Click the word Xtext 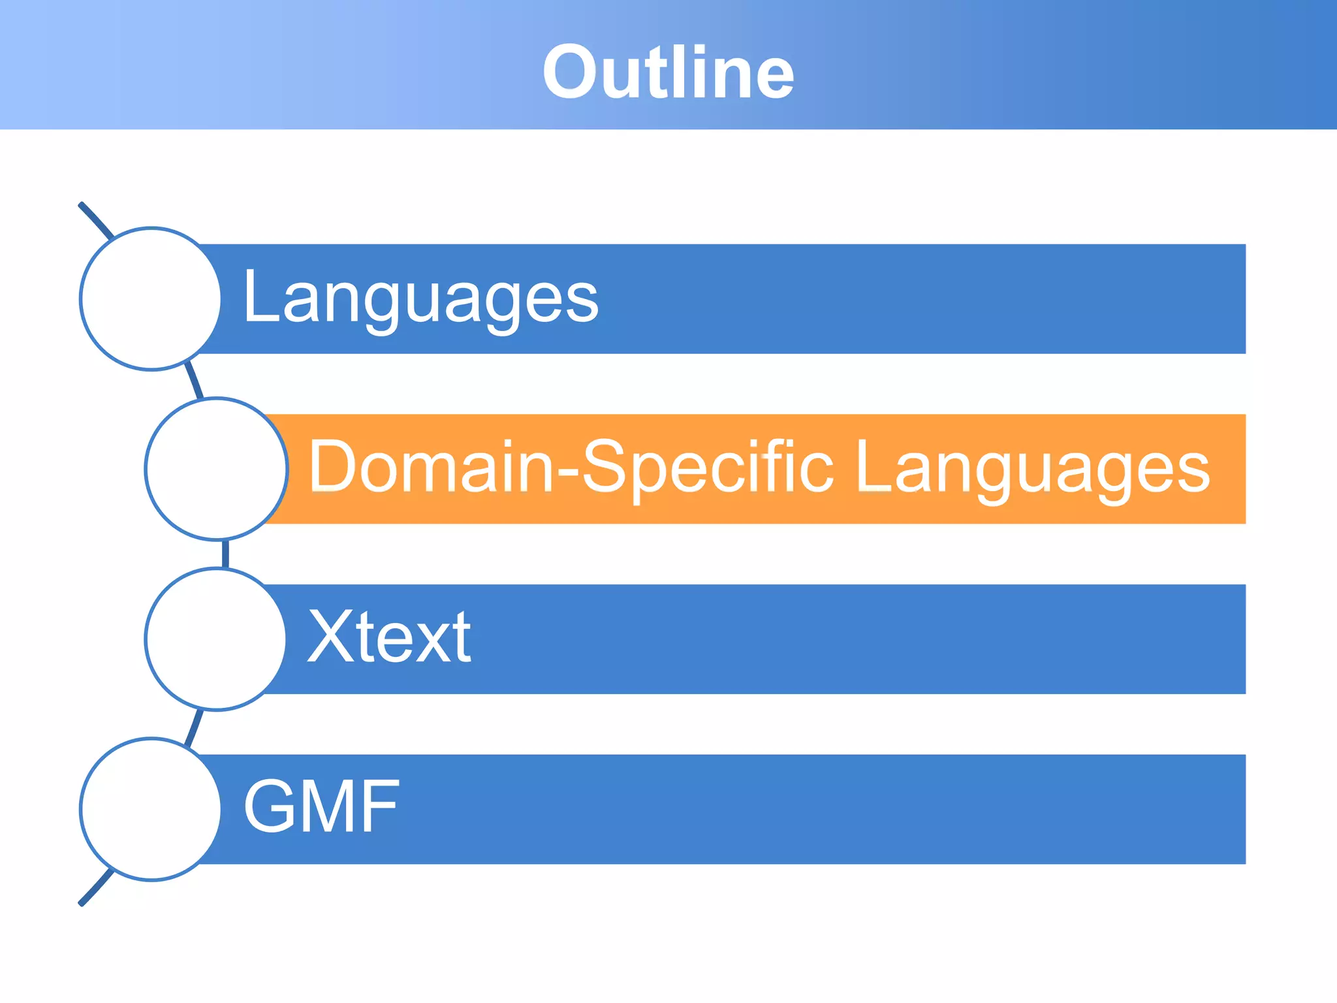point(389,637)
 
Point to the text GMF point(321,807)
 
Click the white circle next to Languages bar point(151,299)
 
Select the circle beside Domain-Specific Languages point(216,469)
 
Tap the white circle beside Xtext point(216,639)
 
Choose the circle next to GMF point(151,809)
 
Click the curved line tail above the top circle point(95,219)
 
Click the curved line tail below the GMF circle point(95,889)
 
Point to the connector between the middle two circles point(225,554)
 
